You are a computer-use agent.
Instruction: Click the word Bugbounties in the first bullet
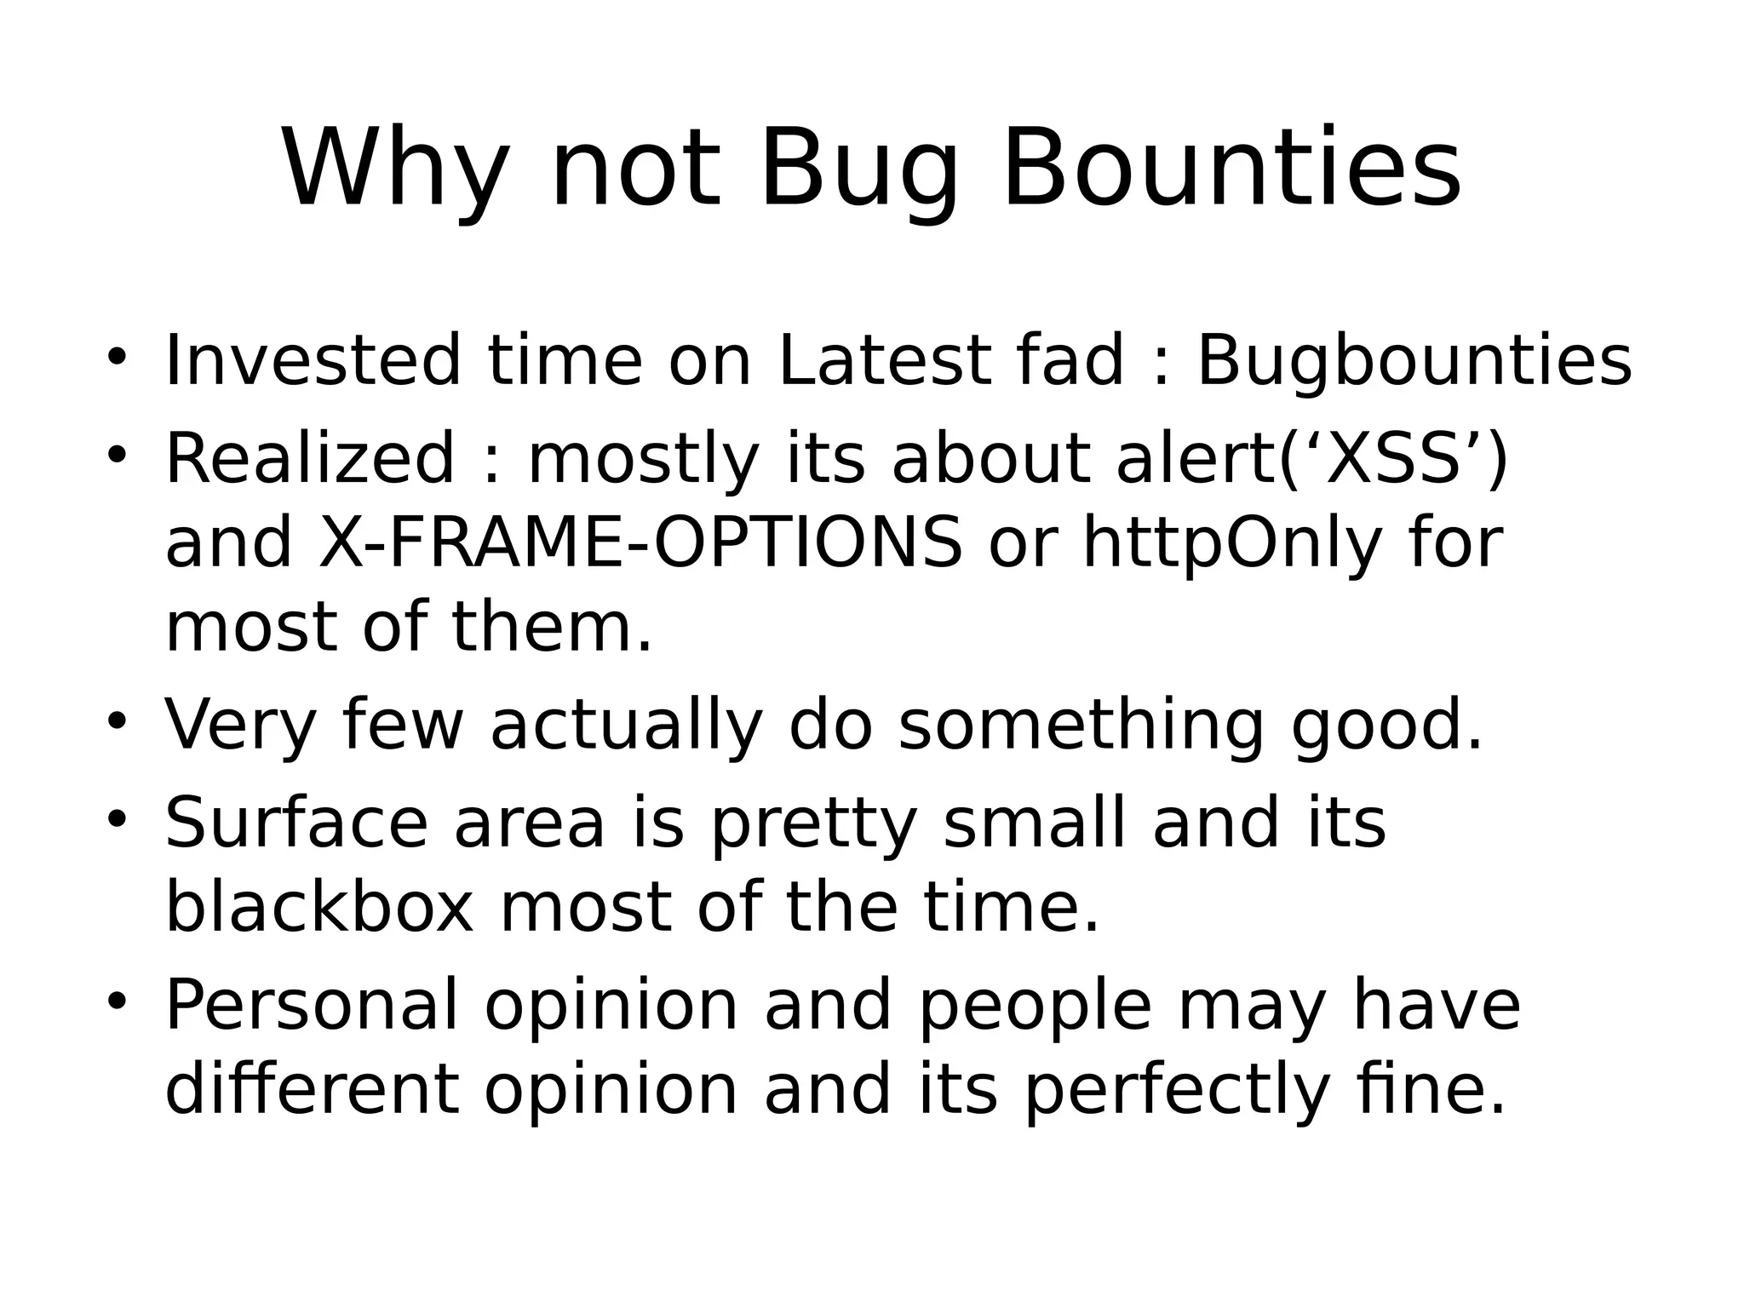pyautogui.click(x=1414, y=361)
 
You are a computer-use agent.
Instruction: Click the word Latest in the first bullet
pyautogui.click(x=886, y=361)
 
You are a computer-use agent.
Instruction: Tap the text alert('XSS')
pyautogui.click(x=1311, y=460)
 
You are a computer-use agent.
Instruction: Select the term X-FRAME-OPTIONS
pyautogui.click(x=640, y=542)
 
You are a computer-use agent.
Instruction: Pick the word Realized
pyautogui.click(x=310, y=460)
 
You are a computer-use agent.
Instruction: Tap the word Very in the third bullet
pyautogui.click(x=240, y=726)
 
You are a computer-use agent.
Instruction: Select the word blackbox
pyautogui.click(x=318, y=908)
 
